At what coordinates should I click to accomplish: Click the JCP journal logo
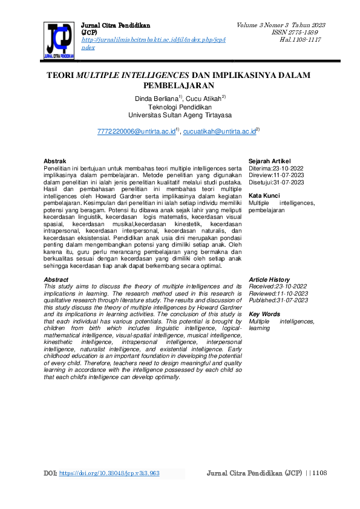tap(59, 41)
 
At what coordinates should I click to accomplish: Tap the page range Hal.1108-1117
tap(300, 39)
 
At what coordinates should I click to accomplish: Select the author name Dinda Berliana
tap(156, 98)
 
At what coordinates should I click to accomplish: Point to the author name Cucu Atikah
tap(203, 98)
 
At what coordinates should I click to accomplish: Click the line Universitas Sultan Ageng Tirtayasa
tap(179, 115)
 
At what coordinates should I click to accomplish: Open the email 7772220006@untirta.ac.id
tap(136, 131)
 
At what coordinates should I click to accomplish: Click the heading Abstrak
tap(55, 161)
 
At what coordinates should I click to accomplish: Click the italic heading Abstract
tap(56, 279)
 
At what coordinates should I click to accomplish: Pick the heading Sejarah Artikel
tap(270, 161)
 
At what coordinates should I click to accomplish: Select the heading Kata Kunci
tap(264, 196)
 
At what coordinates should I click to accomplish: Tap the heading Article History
tap(269, 279)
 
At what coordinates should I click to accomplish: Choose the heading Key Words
tap(264, 314)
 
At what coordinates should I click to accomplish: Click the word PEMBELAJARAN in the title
tap(179, 85)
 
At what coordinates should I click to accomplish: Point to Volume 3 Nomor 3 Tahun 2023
tap(281, 25)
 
